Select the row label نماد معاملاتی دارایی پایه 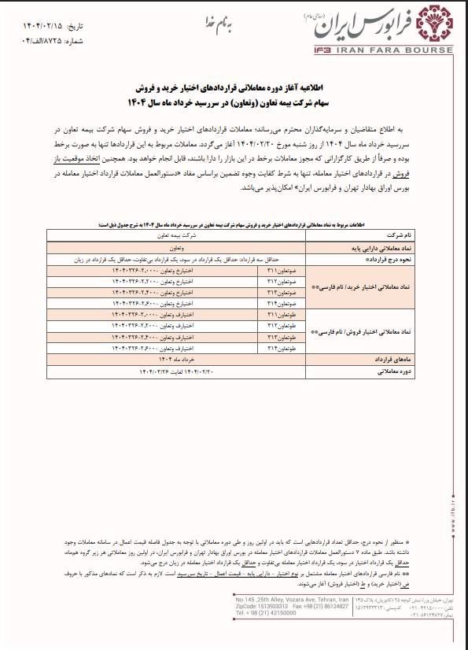click(390, 247)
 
